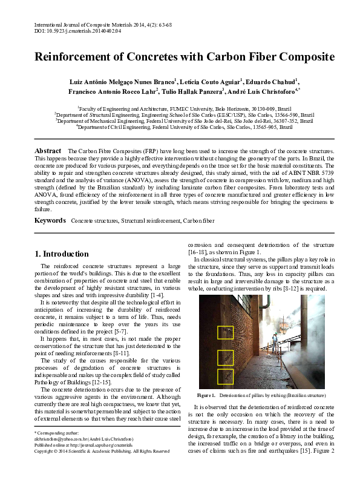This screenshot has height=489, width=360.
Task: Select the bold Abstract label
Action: click(48, 150)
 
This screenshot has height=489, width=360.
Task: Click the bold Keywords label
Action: click(50, 221)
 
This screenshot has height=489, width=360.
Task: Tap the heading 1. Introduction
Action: click(62, 254)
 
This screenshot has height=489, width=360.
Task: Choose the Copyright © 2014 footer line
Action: click(102, 451)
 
